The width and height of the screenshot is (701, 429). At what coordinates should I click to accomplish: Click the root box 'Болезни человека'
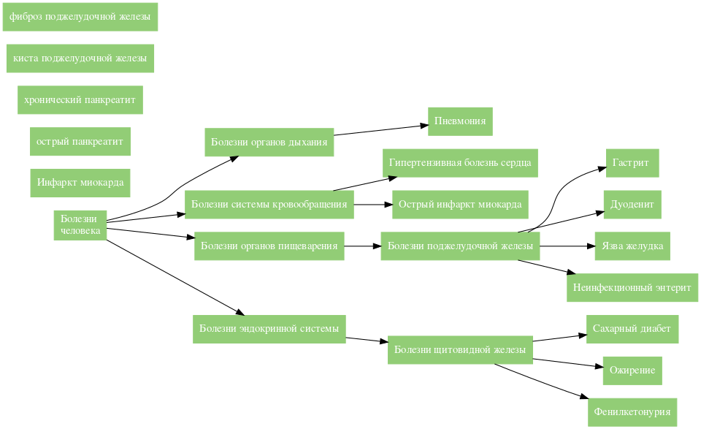click(80, 225)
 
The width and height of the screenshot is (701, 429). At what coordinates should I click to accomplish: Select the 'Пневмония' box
click(460, 121)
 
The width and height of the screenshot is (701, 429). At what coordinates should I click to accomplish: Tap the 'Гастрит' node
click(632, 163)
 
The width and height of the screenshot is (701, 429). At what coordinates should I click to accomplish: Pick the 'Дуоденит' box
click(632, 205)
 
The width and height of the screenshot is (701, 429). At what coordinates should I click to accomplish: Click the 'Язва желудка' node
click(632, 246)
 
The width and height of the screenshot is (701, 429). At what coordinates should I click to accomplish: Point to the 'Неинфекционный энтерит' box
click(632, 288)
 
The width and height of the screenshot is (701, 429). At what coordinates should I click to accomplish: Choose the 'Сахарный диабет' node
click(632, 329)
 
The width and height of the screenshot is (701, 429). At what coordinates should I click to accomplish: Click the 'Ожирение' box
click(632, 371)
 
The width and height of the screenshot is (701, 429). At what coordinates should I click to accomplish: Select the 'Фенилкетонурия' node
click(632, 412)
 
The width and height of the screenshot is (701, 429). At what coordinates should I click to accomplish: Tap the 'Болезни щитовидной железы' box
click(460, 350)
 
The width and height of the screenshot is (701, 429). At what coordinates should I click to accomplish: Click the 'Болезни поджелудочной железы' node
click(460, 246)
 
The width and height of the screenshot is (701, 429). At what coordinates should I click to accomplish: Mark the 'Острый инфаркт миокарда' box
click(460, 205)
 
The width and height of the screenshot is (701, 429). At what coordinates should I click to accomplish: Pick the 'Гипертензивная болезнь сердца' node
click(460, 163)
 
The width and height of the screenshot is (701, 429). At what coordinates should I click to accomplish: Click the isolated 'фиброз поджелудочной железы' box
click(80, 17)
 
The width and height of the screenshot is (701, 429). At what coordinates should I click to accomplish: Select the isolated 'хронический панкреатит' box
click(80, 100)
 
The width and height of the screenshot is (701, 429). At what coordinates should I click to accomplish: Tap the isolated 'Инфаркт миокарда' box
click(80, 183)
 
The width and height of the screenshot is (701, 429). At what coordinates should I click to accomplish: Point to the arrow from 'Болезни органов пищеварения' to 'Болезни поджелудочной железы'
click(361, 246)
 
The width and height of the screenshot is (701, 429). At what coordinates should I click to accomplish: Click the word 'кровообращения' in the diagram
click(311, 205)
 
